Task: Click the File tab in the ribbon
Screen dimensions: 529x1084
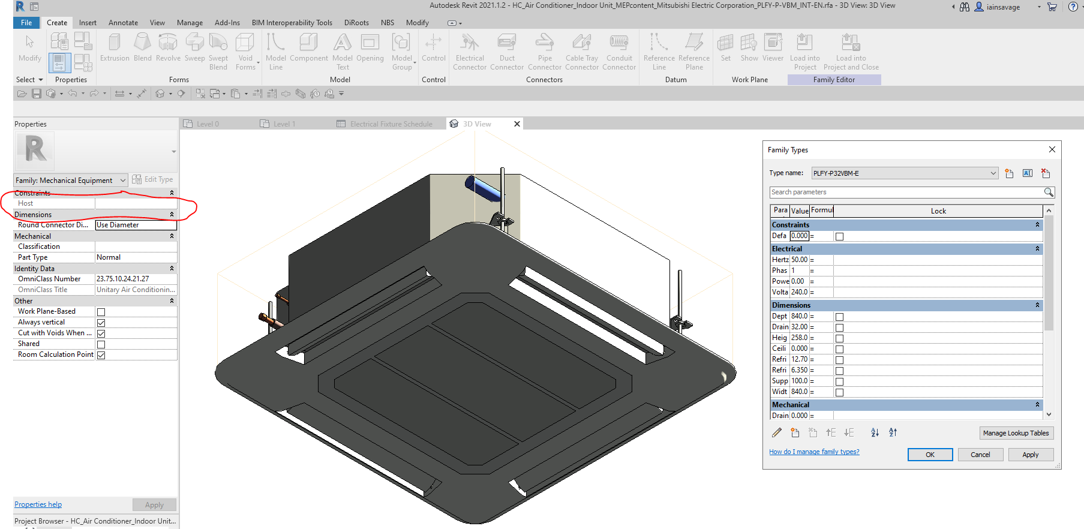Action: pyautogui.click(x=26, y=23)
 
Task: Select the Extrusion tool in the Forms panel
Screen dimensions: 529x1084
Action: pyautogui.click(x=115, y=48)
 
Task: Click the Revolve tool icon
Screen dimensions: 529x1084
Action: pyautogui.click(x=168, y=43)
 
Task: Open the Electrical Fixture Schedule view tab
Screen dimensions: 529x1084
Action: pyautogui.click(x=391, y=124)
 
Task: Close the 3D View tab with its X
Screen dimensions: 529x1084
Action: pyautogui.click(x=517, y=124)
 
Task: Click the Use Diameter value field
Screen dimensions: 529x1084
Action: pyautogui.click(x=136, y=225)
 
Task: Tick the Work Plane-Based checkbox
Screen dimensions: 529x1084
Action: pyautogui.click(x=101, y=312)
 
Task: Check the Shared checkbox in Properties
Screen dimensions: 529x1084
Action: pyautogui.click(x=101, y=344)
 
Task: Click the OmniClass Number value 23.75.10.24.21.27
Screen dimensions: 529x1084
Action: pyautogui.click(x=136, y=279)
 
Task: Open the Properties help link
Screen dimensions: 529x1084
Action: pyautogui.click(x=38, y=504)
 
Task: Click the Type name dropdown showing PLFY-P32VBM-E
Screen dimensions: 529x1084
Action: pyautogui.click(x=904, y=173)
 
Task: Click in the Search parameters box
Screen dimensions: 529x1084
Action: pyautogui.click(x=906, y=192)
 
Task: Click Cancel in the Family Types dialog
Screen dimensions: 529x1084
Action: pyautogui.click(x=980, y=455)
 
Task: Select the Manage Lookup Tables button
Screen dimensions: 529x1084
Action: pyautogui.click(x=1015, y=433)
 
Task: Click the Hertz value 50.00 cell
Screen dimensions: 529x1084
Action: pyautogui.click(x=799, y=260)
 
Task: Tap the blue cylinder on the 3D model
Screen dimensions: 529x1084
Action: pyautogui.click(x=484, y=188)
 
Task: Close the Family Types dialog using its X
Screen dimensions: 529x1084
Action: pyautogui.click(x=1052, y=149)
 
